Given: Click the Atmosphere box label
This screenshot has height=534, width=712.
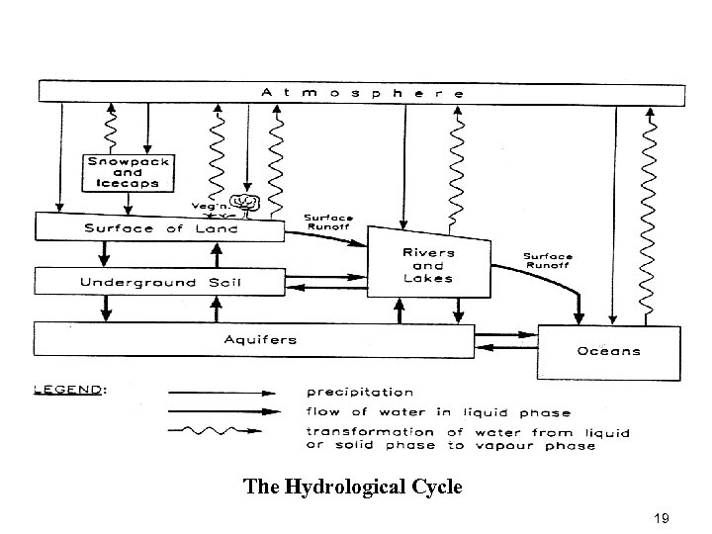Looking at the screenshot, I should [362, 92].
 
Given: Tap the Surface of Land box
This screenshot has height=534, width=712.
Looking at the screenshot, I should [159, 227].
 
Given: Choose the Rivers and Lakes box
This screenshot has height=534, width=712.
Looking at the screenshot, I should [428, 265].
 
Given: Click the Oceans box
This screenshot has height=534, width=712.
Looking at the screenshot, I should [608, 351].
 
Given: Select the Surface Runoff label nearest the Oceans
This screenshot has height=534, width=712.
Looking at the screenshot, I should [548, 260].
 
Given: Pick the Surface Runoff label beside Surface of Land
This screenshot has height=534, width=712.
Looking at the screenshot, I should [327, 221].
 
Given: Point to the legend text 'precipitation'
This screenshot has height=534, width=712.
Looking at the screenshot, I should [360, 393].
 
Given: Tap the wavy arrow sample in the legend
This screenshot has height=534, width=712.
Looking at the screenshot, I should [215, 431].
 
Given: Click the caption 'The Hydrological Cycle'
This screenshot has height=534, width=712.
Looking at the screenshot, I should [352, 487].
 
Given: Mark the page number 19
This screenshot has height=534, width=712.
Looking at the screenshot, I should [662, 517].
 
